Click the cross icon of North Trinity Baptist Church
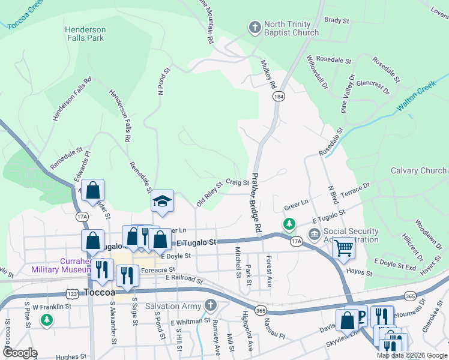point(254,27)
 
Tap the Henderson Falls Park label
point(85,34)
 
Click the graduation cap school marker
point(162,202)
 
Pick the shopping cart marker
point(343,247)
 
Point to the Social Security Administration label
point(351,235)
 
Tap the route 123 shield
point(71,295)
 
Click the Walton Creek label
point(420,97)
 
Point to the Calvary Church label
point(418,171)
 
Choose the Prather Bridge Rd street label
point(256,203)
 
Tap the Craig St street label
point(237,182)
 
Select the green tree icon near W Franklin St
point(47,320)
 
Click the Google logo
point(20,353)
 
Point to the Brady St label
point(336,20)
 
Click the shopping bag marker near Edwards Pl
point(93,191)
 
